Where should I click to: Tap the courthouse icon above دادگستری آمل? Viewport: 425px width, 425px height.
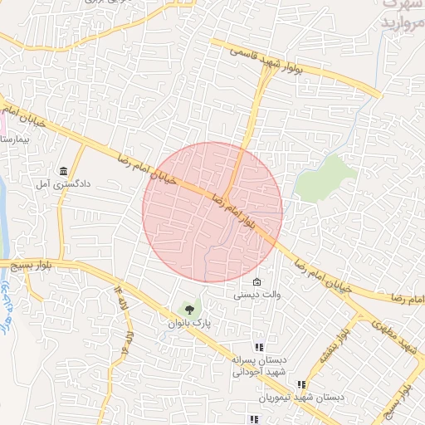pos(63,171)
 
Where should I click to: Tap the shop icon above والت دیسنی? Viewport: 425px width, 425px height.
pos(257,282)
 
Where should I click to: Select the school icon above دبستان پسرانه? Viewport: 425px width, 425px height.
pos(259,348)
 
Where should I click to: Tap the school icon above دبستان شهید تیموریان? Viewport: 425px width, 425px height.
pos(301,385)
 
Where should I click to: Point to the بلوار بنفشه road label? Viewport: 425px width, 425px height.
pos(329,348)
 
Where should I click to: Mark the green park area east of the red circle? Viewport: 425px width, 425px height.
pos(325,177)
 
